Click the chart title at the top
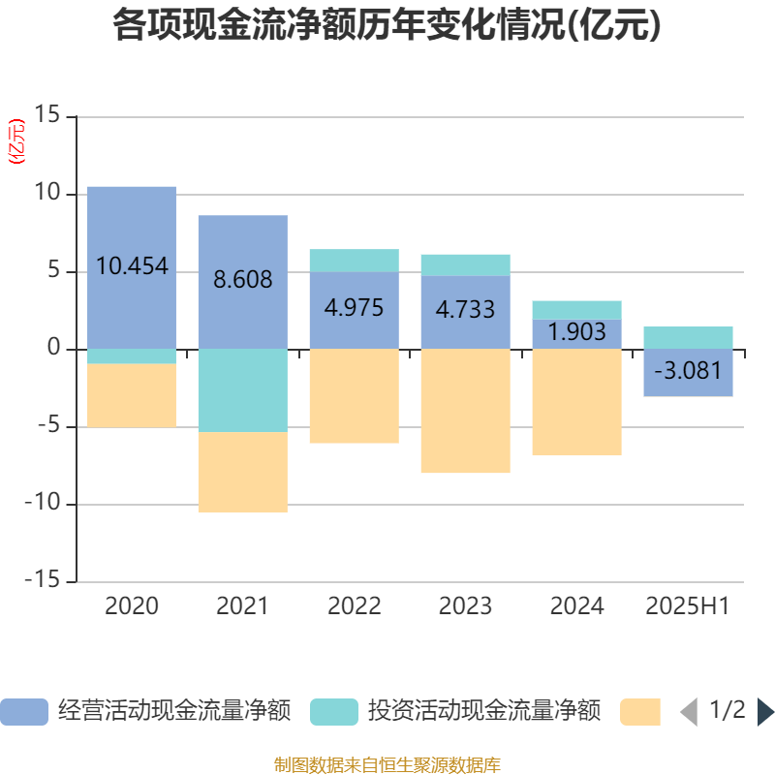tap(387, 26)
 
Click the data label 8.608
tap(242, 280)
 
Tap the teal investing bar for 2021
tap(242, 389)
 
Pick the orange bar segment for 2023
tap(465, 411)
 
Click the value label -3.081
tap(688, 371)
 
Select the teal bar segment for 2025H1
tap(688, 337)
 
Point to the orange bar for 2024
tap(576, 401)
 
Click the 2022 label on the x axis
tap(354, 606)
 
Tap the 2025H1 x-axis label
tap(688, 606)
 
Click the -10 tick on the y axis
tap(43, 504)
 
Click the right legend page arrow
tap(765, 712)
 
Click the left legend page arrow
tap(689, 712)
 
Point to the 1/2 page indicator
tap(727, 711)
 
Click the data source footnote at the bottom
tap(387, 764)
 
